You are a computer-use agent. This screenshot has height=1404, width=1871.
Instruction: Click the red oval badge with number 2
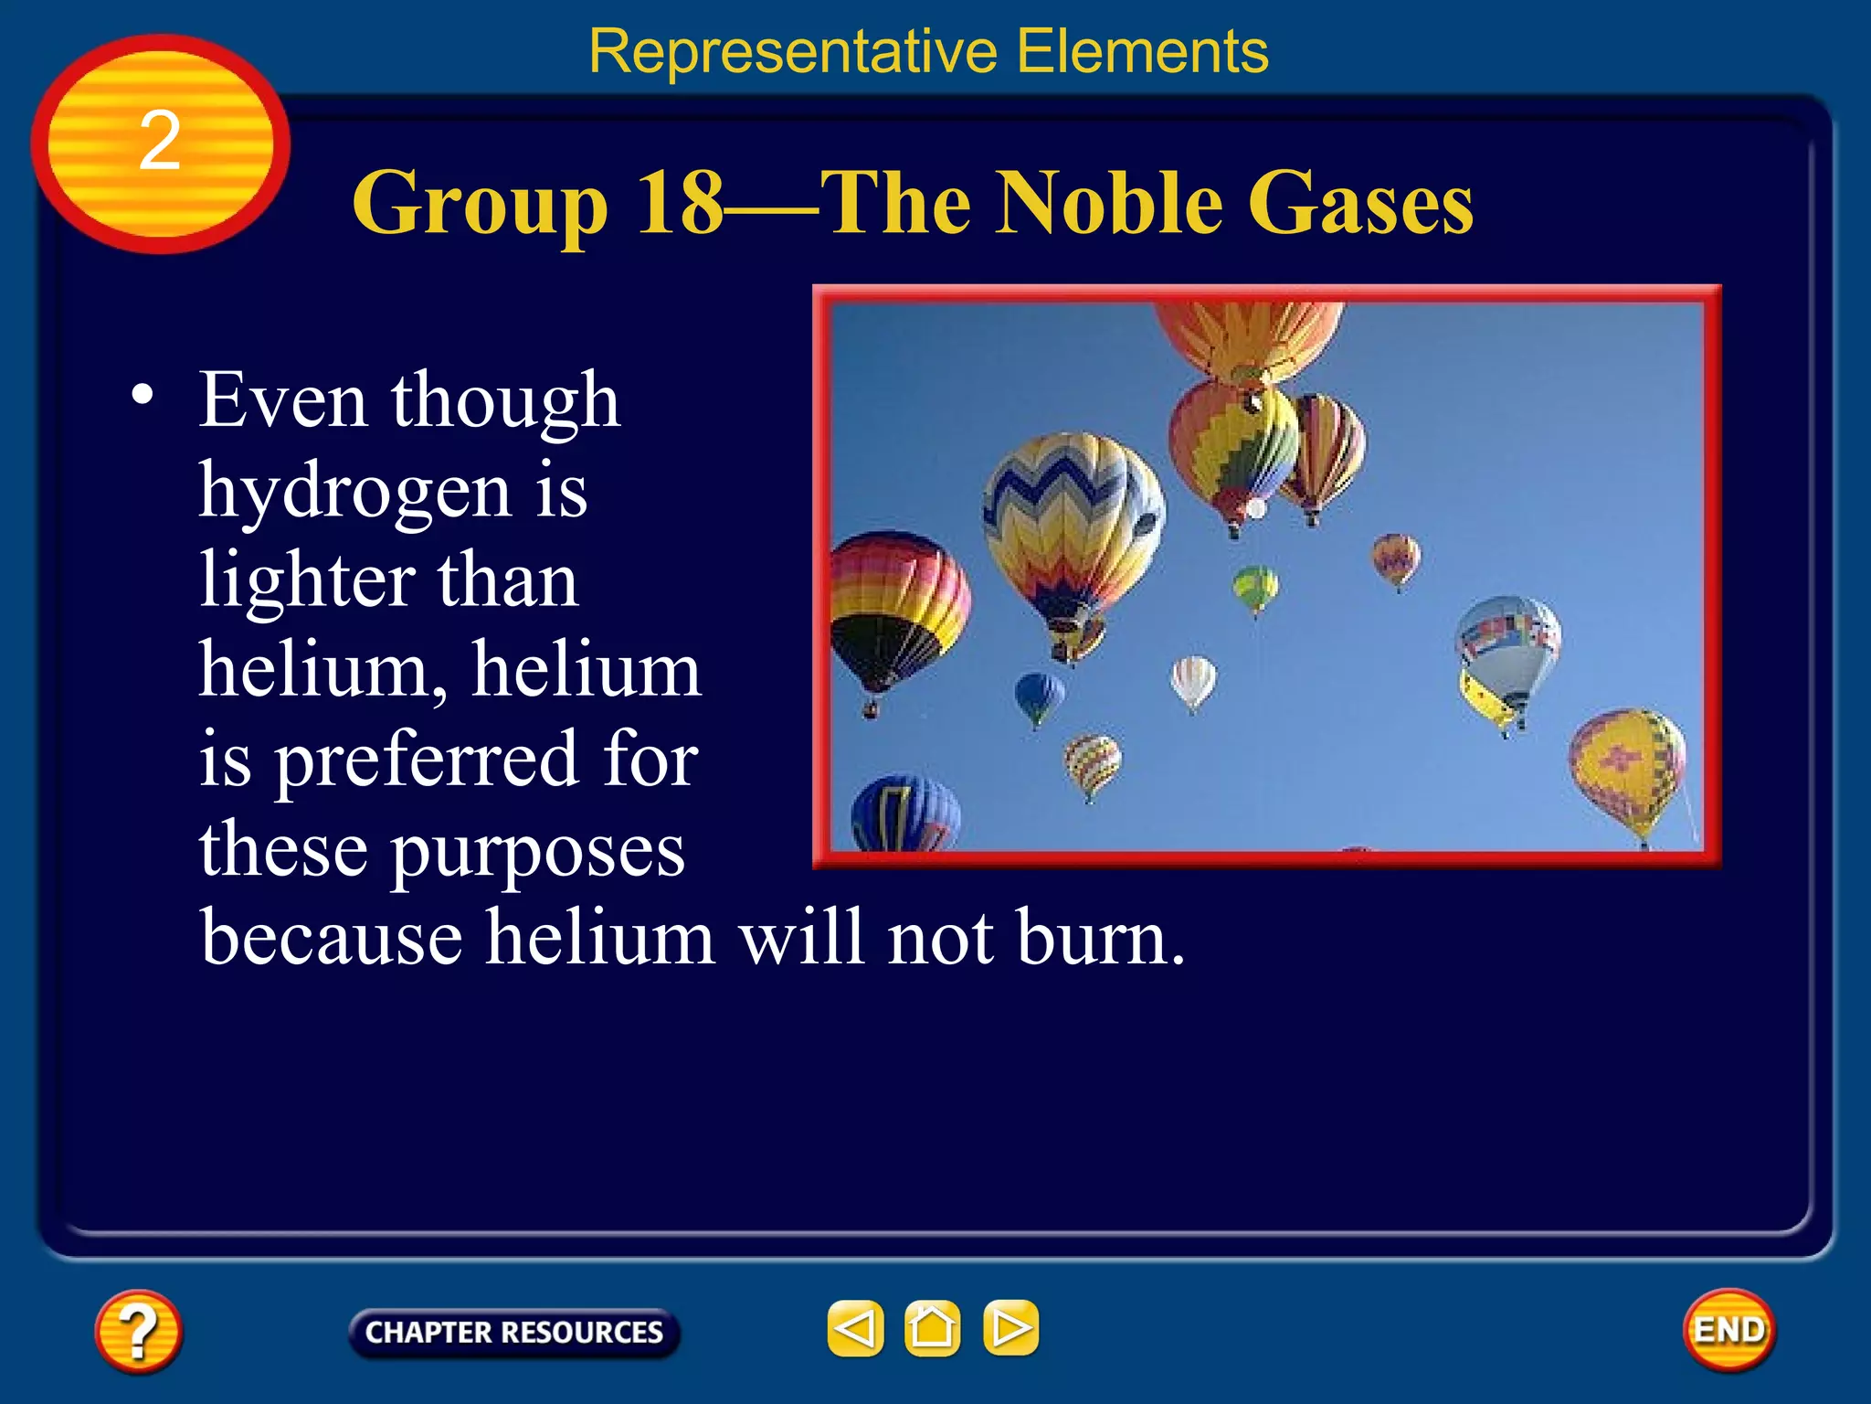(x=160, y=144)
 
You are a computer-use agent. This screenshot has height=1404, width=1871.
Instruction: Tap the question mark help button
(x=138, y=1330)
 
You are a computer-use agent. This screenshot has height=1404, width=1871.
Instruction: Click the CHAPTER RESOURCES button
(x=513, y=1332)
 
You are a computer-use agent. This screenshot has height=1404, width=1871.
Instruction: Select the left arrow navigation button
(x=855, y=1327)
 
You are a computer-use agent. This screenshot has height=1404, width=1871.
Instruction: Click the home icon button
(x=932, y=1327)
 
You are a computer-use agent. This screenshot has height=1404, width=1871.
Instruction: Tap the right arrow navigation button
(x=1010, y=1327)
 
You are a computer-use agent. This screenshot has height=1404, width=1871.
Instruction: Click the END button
(x=1728, y=1330)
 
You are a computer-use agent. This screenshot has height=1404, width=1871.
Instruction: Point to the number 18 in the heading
(x=680, y=203)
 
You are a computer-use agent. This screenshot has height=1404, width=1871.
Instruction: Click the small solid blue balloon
(x=1039, y=697)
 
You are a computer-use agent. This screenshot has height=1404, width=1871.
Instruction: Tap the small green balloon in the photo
(x=1255, y=587)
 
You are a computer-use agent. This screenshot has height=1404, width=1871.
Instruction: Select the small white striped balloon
(x=1193, y=680)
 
